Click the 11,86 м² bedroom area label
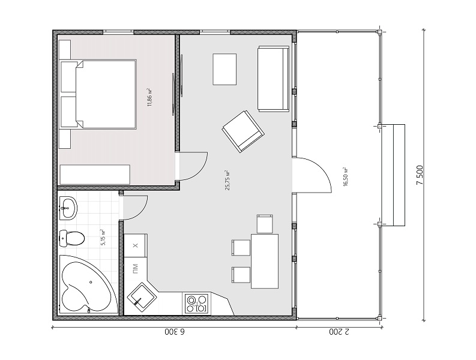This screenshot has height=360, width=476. coord(149,97)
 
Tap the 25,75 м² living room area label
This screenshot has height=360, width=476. coord(227,180)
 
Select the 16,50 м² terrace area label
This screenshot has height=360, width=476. coord(346,176)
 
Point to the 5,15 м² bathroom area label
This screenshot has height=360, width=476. coord(103,238)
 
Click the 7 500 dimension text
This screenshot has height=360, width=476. coord(420,175)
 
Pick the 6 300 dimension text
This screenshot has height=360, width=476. coord(175,332)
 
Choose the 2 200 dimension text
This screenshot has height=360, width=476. coord(339,332)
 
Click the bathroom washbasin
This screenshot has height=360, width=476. coord(68,208)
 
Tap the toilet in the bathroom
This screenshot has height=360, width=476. coord(71,238)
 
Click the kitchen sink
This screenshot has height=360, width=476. coord(142,296)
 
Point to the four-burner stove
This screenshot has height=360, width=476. coord(196,304)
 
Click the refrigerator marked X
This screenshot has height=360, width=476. coord(136,245)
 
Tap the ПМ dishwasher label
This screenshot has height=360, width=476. coord(135,268)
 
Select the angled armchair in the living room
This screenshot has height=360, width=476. coord(243,131)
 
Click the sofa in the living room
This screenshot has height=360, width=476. coord(273,79)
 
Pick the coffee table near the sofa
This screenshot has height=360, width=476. coord(224,69)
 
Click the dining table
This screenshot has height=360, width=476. coord(264,261)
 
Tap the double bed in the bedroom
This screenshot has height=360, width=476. coord(98,94)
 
